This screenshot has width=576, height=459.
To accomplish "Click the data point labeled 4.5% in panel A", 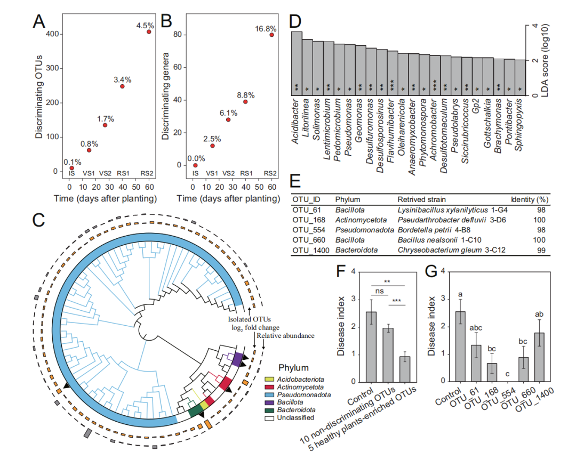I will tap(149, 31).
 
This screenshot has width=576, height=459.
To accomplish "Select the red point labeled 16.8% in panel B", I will tap(271, 35).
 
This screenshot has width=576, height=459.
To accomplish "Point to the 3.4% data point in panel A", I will tap(122, 86).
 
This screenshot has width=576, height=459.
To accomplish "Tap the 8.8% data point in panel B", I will tap(245, 102).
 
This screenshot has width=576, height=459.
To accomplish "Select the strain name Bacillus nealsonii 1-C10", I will tap(433, 239).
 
